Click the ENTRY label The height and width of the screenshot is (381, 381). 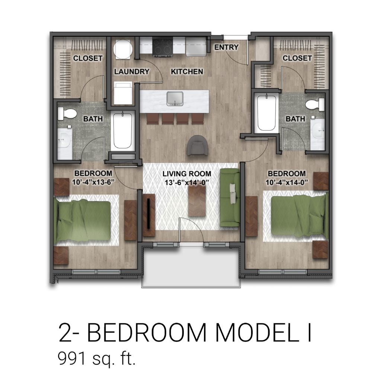[226, 47]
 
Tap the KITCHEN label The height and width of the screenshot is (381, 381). [187, 72]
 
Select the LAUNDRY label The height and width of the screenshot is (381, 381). [131, 72]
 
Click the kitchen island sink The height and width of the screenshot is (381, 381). [175, 98]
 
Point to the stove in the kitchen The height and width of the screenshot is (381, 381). [163, 47]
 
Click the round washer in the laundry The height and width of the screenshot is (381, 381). [123, 49]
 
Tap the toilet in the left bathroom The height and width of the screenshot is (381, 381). [67, 114]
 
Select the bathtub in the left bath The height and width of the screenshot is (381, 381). [123, 131]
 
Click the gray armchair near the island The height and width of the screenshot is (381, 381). [198, 145]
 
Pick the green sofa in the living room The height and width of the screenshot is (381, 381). [230, 198]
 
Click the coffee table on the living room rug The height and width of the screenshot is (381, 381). [197, 201]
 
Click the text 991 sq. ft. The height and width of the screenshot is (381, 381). [97, 359]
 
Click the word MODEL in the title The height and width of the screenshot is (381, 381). [254, 333]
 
